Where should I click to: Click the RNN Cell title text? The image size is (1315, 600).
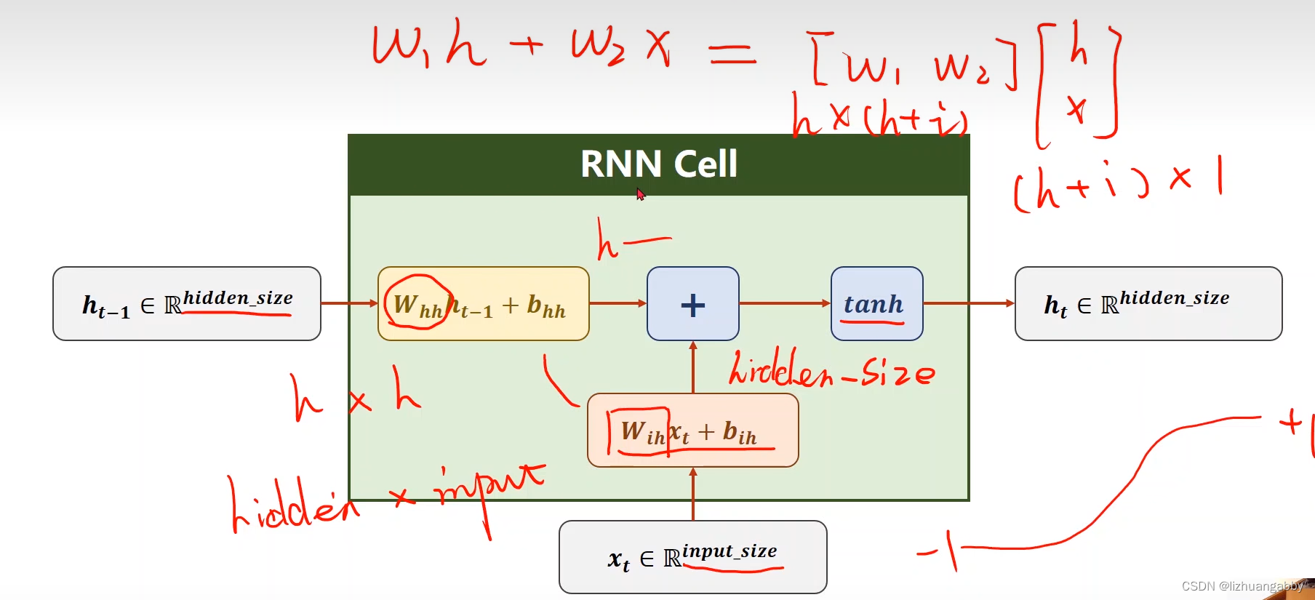click(x=658, y=164)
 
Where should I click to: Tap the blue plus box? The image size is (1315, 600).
click(x=692, y=304)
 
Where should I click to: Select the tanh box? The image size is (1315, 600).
click(x=876, y=304)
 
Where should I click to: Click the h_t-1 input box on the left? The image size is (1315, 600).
click(x=187, y=304)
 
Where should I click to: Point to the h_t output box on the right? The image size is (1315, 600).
click(x=1148, y=304)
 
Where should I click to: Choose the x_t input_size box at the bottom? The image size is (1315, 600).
click(x=692, y=557)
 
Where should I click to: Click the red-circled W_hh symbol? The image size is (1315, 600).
click(x=417, y=304)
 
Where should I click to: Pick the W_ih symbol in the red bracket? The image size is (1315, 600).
click(x=642, y=432)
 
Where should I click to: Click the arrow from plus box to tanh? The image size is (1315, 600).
click(x=784, y=303)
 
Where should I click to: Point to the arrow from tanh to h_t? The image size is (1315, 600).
click(x=968, y=303)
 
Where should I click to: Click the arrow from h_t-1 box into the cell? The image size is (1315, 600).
click(x=349, y=303)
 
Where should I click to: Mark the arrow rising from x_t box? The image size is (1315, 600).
click(x=693, y=495)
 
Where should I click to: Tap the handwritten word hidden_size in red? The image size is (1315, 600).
click(x=831, y=371)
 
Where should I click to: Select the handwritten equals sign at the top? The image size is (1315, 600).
click(x=732, y=54)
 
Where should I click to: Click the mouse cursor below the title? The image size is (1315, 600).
click(x=640, y=194)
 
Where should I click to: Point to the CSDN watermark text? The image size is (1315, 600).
click(x=1241, y=586)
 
